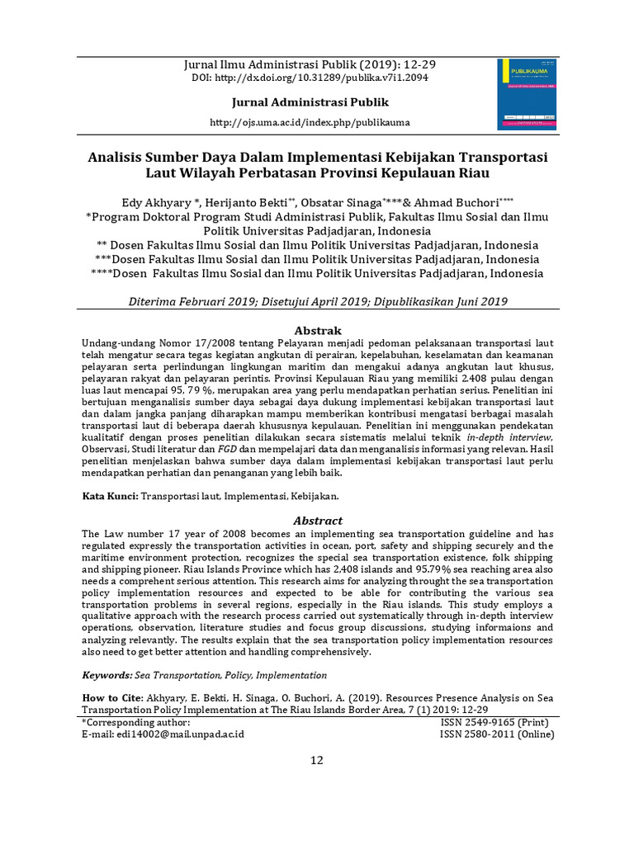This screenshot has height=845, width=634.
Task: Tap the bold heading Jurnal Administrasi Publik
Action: point(309,102)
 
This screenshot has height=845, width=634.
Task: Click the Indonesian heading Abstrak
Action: point(318,330)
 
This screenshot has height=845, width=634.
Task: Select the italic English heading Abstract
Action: point(318,521)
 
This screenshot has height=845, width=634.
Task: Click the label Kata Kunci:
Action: point(111,497)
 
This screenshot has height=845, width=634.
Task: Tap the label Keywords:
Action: point(106,674)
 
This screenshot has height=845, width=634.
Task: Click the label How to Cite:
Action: point(112,698)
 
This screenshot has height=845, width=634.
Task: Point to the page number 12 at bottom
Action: point(317,760)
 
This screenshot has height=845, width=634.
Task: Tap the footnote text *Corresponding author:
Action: point(136,721)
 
